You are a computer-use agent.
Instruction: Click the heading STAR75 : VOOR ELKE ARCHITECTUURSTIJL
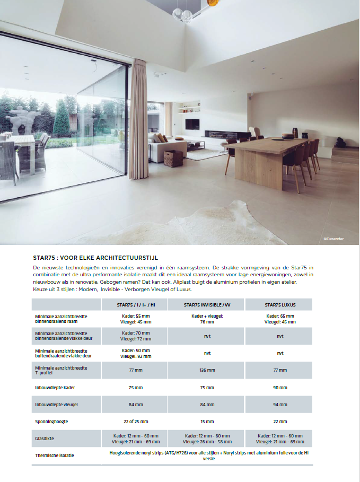point(95,258)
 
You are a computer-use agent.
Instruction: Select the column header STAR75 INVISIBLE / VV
point(207,305)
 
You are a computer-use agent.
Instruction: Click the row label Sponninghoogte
point(52,421)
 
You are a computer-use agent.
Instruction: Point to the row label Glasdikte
point(45,439)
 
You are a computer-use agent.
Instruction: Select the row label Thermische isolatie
point(55,455)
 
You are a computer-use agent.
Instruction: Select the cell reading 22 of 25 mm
point(136,421)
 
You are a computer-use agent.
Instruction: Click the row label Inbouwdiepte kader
point(55,388)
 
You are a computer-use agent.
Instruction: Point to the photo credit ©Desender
point(333,239)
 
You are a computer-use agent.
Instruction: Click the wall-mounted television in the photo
point(192,124)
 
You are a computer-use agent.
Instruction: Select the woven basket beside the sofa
point(172,158)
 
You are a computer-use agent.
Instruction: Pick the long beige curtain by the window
point(137,122)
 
